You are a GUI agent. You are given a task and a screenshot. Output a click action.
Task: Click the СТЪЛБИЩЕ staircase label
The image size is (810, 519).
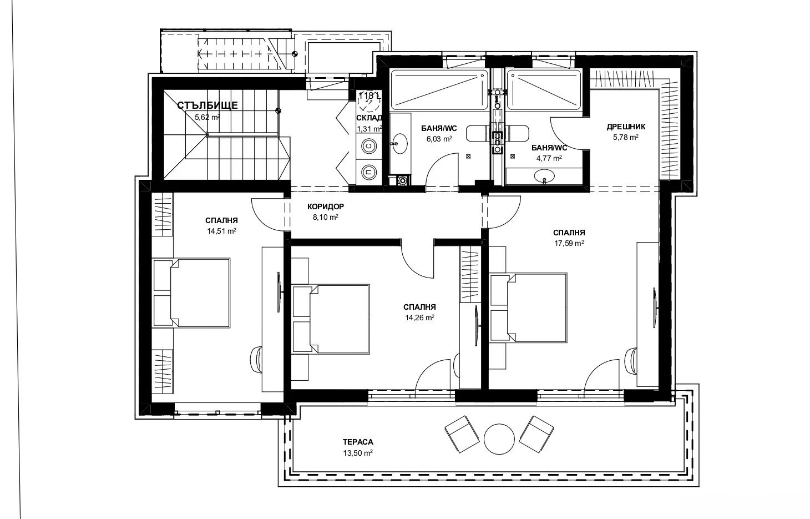pyautogui.click(x=207, y=105)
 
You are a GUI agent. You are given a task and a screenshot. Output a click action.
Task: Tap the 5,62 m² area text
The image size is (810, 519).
pyautogui.click(x=207, y=117)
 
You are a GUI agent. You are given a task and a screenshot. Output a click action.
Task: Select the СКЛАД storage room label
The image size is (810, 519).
pyautogui.click(x=369, y=118)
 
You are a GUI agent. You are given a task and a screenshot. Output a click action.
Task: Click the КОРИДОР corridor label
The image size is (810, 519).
pyautogui.click(x=326, y=207)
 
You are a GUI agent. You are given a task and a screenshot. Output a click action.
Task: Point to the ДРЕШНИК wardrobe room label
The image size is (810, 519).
pyautogui.click(x=626, y=127)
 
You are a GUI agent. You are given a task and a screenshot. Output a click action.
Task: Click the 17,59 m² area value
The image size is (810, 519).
pyautogui.click(x=569, y=243)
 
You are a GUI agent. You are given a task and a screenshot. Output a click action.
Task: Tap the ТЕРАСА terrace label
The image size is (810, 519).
pyautogui.click(x=358, y=442)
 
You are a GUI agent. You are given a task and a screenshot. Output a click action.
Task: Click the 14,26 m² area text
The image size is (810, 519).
pyautogui.click(x=419, y=318)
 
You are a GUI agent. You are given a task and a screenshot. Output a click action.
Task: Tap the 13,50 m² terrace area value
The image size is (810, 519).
pyautogui.click(x=358, y=453)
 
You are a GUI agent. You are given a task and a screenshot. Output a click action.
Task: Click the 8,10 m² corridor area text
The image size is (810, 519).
pyautogui.click(x=326, y=218)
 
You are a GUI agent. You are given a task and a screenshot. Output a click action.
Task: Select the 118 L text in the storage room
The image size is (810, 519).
pyautogui.click(x=369, y=95)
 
